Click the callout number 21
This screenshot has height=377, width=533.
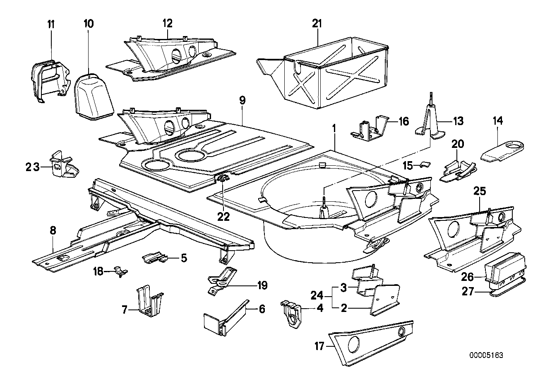[317, 24]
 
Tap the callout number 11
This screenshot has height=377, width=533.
[51, 24]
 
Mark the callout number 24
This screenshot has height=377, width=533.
[317, 296]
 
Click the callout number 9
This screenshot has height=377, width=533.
[242, 100]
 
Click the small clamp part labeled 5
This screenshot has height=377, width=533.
[154, 259]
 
